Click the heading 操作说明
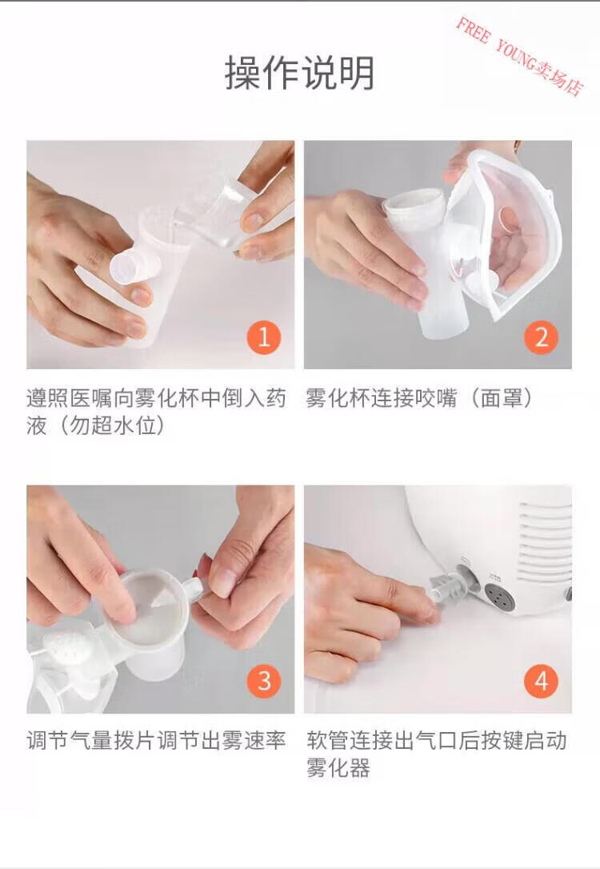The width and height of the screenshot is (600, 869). click(x=299, y=73)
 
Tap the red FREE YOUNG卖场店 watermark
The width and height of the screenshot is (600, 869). click(x=520, y=56)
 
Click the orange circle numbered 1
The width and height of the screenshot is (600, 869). click(x=263, y=337)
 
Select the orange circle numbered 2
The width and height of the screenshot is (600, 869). click(x=542, y=337)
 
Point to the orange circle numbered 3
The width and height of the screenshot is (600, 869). click(x=264, y=681)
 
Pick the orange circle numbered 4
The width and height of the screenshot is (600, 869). click(x=542, y=681)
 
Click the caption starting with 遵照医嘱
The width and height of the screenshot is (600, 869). click(x=156, y=412)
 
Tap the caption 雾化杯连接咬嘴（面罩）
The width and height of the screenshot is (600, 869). click(x=419, y=398)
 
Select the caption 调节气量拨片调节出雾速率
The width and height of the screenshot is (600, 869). click(x=156, y=740)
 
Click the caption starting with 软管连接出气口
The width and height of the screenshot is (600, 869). click(x=436, y=754)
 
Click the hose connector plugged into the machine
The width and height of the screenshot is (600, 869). click(x=450, y=586)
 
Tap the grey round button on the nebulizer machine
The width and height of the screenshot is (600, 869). click(x=497, y=597)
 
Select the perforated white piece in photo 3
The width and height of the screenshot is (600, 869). click(x=67, y=649)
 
